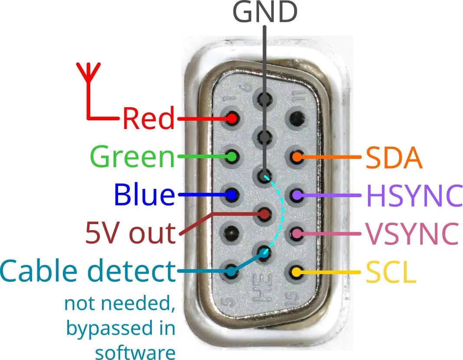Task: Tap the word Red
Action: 148,118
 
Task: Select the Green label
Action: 132,156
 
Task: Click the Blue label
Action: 144,195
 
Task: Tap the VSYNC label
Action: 412,234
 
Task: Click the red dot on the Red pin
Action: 232,118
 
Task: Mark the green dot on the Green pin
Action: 232,156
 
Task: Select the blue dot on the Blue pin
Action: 232,195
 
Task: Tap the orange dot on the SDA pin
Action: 297,157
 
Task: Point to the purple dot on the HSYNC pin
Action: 297,195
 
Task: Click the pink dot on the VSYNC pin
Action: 297,234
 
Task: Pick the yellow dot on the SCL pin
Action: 297,273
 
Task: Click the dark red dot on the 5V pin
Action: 264,214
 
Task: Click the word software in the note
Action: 135,351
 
